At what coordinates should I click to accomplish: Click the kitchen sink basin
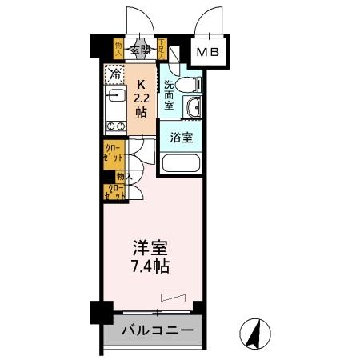[x=112, y=98]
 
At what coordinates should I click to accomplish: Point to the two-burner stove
[x=113, y=125]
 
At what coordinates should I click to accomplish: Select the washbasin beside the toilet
[x=192, y=109]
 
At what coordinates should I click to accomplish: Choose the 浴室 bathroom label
[x=180, y=137]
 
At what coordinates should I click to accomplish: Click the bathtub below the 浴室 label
[x=181, y=163]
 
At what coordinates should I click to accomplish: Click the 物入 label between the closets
[x=124, y=174]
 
